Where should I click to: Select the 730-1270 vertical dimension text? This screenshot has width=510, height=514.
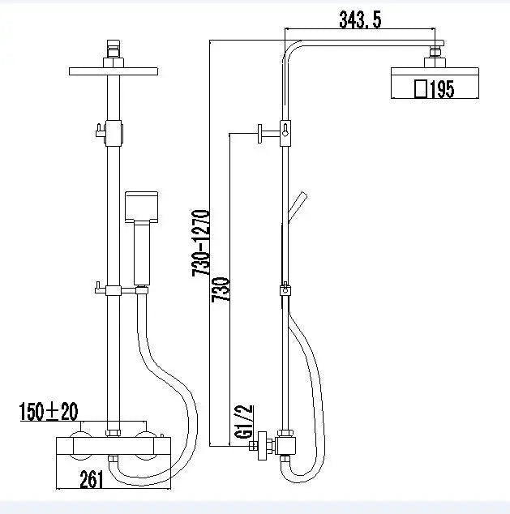click(x=202, y=243)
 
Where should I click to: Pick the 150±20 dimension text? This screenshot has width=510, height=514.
click(x=49, y=412)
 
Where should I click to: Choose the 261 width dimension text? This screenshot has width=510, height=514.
click(x=92, y=479)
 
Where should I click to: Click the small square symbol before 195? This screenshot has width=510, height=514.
click(x=420, y=88)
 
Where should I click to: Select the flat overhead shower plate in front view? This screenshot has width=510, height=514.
click(x=113, y=71)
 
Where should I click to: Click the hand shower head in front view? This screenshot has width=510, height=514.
click(x=142, y=208)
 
